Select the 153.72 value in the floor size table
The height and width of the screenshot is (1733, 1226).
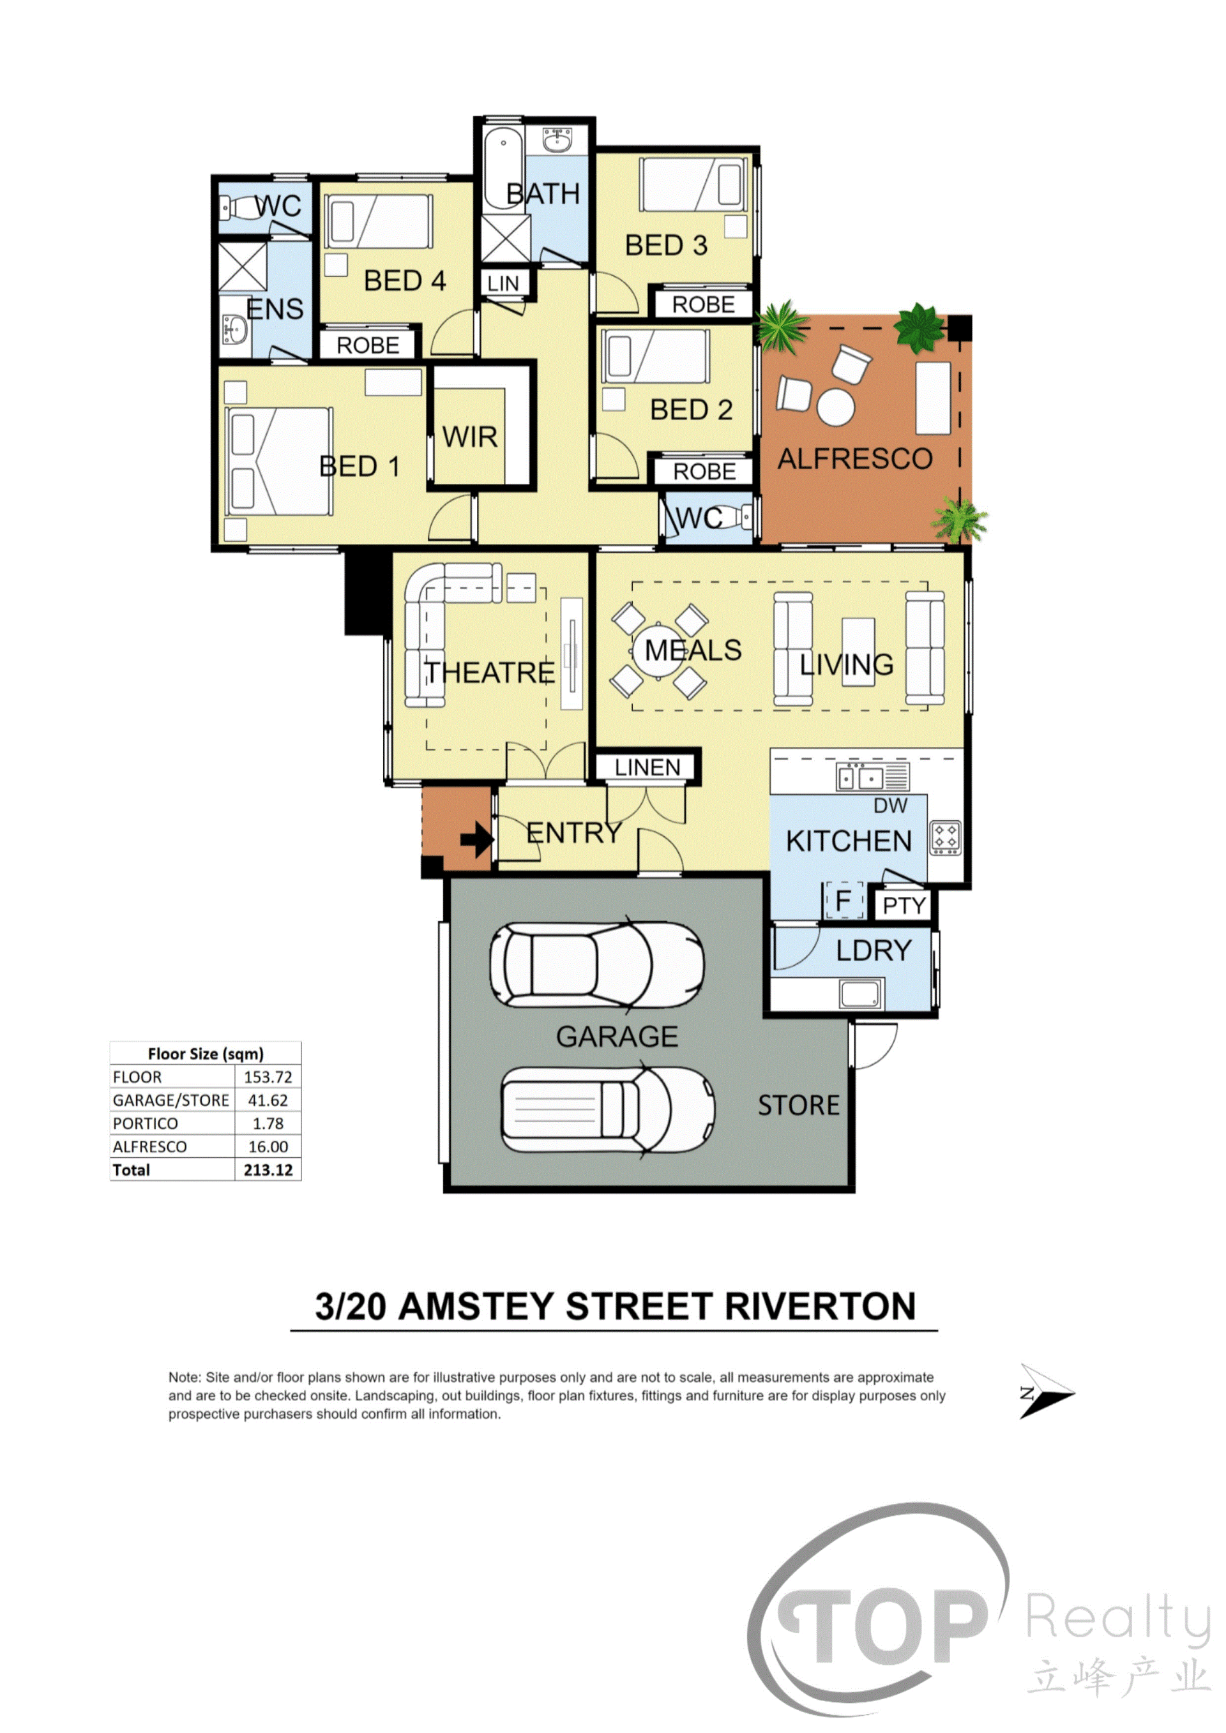click(x=268, y=1077)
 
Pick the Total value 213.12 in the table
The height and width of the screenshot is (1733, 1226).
click(x=268, y=1170)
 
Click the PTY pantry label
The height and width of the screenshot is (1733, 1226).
click(x=904, y=906)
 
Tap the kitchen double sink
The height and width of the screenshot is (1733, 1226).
click(x=873, y=777)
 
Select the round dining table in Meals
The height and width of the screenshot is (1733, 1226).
click(x=659, y=650)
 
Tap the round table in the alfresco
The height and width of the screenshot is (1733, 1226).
click(x=836, y=408)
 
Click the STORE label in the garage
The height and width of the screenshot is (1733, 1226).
click(x=799, y=1106)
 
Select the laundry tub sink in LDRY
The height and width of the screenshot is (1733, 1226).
click(x=861, y=994)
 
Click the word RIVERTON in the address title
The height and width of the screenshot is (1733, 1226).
click(x=821, y=1307)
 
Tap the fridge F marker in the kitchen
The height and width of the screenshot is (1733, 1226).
click(x=844, y=900)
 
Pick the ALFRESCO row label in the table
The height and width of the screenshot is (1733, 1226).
click(x=149, y=1147)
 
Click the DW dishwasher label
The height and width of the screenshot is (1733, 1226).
click(x=890, y=806)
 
